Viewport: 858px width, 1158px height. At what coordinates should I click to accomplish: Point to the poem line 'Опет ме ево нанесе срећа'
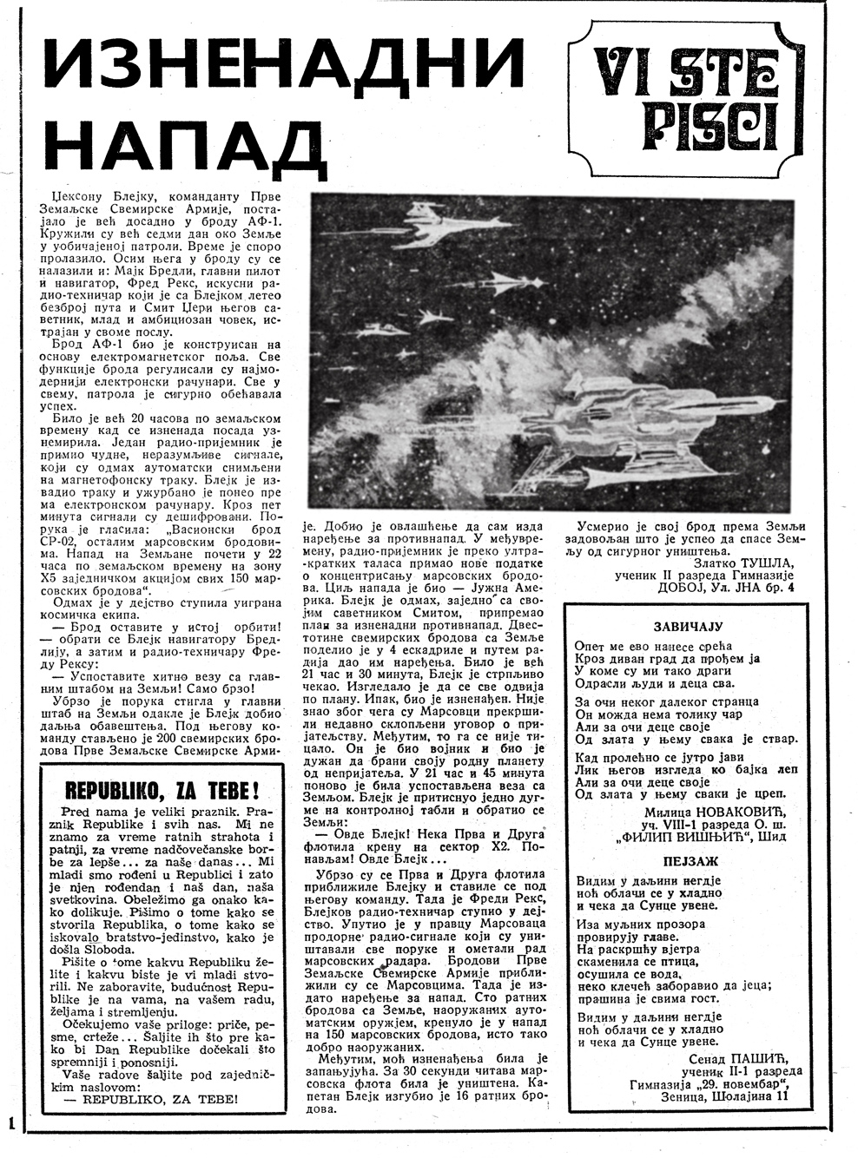[x=653, y=646]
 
